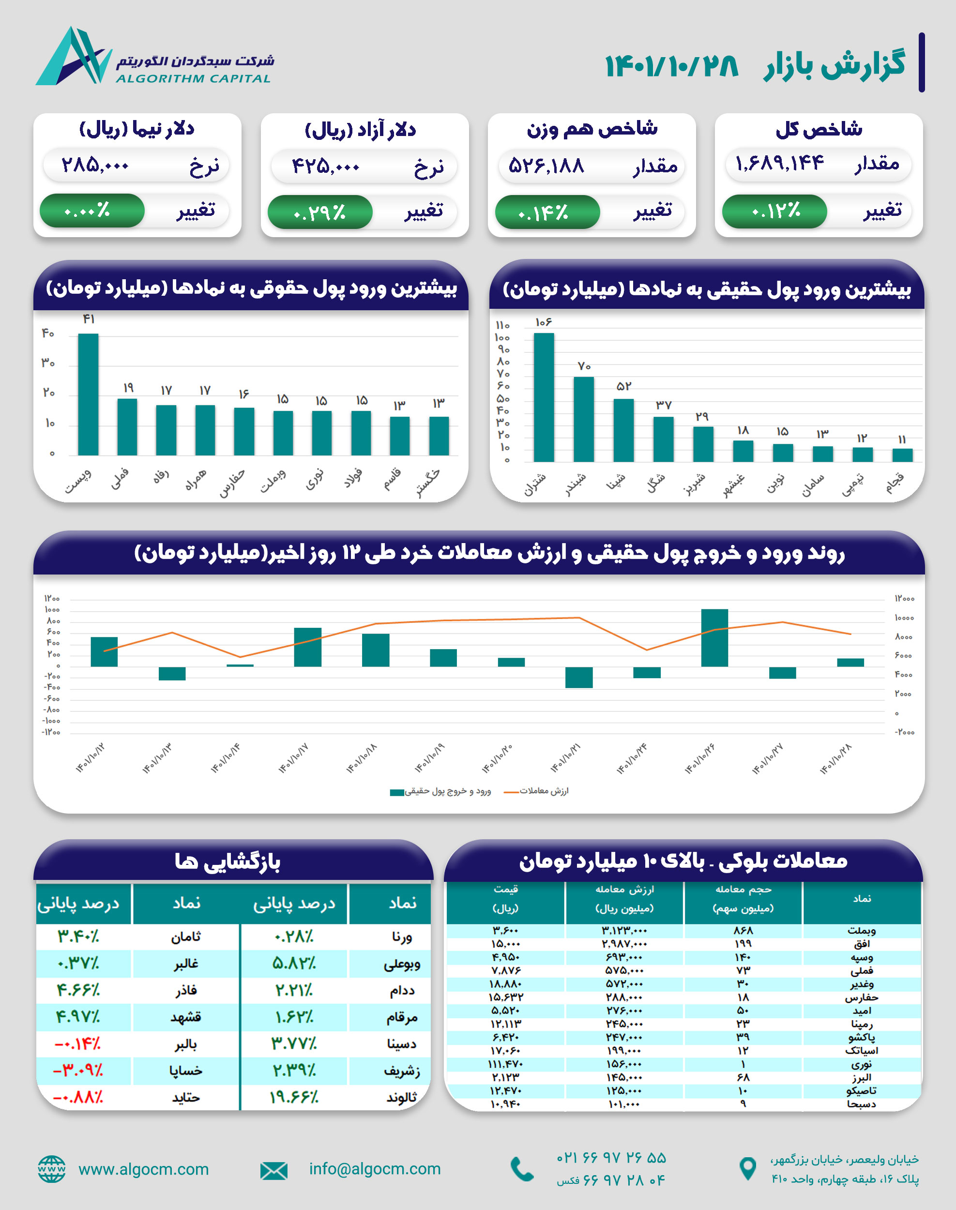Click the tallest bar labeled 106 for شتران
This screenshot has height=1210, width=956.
tap(544, 397)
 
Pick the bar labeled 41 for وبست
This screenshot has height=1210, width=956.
tap(89, 394)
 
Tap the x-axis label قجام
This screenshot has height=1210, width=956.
tap(895, 483)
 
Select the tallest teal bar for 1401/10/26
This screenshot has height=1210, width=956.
tap(714, 637)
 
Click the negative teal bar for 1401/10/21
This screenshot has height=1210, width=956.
tap(579, 677)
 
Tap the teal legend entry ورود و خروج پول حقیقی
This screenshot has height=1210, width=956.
tap(440, 791)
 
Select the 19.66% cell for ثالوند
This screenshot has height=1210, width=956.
tap(294, 1097)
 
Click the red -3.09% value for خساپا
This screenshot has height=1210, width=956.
tap(78, 1070)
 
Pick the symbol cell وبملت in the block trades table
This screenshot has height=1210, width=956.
tap(862, 931)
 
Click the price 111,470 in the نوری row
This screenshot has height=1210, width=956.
tap(505, 1064)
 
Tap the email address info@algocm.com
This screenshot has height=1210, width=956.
tap(375, 1168)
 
